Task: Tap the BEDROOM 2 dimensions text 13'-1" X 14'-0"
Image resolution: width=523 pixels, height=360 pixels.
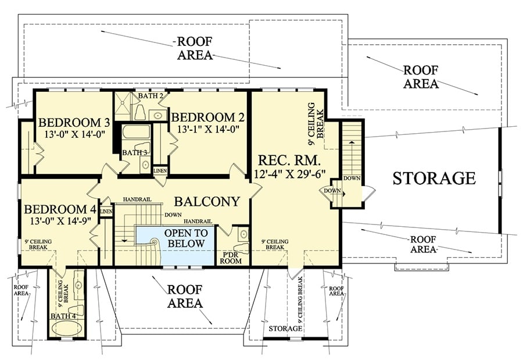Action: (205, 129)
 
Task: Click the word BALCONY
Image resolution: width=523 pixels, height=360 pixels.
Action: (207, 202)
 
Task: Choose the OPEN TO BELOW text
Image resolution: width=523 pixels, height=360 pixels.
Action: (185, 238)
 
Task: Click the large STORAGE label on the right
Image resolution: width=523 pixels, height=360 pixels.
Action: (434, 178)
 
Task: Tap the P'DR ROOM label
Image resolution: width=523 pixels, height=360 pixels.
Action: (232, 258)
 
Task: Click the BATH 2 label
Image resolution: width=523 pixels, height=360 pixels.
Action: (150, 95)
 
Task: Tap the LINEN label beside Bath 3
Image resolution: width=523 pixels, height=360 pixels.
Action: (160, 170)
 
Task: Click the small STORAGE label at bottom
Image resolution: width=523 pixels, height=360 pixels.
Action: (285, 329)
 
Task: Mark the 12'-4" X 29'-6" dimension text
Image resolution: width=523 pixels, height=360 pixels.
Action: (289, 173)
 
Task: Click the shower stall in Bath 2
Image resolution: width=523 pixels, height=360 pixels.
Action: (123, 106)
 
